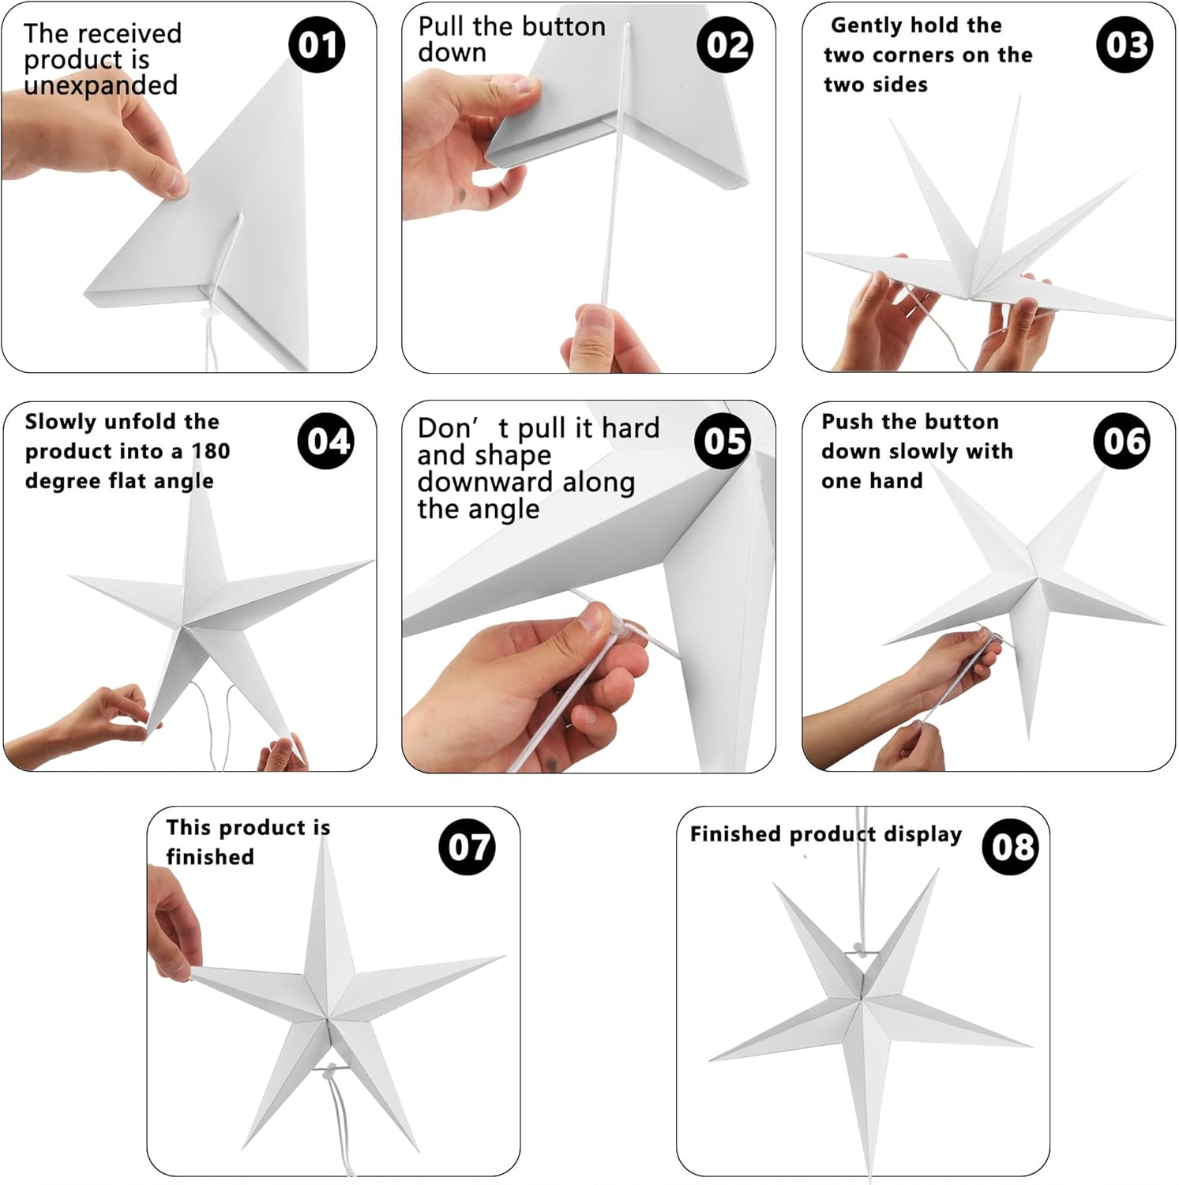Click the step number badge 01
point(317,45)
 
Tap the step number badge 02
point(725,45)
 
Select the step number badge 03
point(1125,45)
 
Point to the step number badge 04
point(325,441)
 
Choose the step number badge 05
point(723,441)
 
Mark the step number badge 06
point(1121,441)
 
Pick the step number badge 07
point(467,847)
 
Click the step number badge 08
point(1010,847)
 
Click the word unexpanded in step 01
point(100,85)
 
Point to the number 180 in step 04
point(211,451)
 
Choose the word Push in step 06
point(848,422)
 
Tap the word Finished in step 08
point(736,834)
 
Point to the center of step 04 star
point(186,624)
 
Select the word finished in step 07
point(210,857)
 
